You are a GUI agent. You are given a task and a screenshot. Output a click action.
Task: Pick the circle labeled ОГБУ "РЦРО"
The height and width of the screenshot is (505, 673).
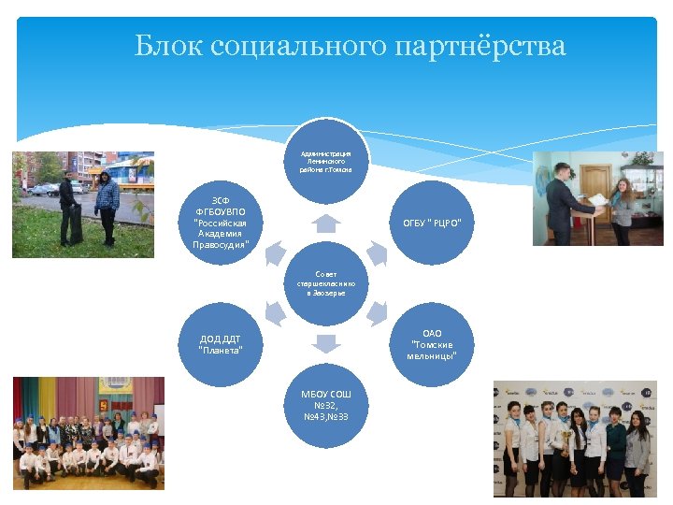click(x=432, y=223)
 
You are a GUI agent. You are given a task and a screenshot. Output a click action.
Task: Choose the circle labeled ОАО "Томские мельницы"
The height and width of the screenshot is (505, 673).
click(x=432, y=344)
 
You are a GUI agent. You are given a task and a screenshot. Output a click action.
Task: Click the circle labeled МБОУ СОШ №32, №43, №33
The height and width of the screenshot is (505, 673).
click(x=326, y=404)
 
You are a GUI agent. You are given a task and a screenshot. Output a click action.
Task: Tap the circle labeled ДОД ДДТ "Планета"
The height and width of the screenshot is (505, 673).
click(x=221, y=344)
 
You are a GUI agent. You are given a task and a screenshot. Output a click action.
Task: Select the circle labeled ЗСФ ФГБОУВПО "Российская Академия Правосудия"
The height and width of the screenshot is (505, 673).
click(x=221, y=224)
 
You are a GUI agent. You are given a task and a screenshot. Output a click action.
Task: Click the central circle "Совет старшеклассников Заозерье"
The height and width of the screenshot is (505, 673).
click(x=326, y=283)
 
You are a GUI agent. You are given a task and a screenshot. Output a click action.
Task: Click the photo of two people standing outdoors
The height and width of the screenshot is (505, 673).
click(x=83, y=204)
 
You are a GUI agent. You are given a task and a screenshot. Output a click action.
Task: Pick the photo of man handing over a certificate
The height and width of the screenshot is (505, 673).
click(x=597, y=198)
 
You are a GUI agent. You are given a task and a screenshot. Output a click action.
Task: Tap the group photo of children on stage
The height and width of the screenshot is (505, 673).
click(x=88, y=437)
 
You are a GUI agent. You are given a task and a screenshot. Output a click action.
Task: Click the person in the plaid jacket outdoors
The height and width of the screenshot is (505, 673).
click(x=107, y=205)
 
